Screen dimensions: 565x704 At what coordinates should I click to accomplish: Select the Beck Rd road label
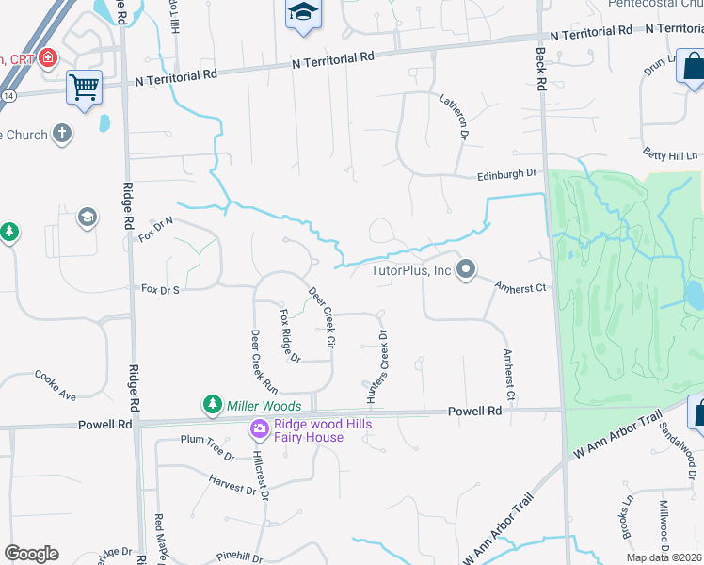(x=541, y=69)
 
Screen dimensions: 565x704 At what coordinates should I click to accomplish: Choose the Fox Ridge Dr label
(x=289, y=335)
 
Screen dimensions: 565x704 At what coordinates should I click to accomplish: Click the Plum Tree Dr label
(x=207, y=446)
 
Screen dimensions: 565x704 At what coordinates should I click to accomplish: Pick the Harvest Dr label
(x=232, y=487)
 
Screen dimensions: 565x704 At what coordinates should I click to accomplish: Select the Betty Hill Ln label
(x=671, y=154)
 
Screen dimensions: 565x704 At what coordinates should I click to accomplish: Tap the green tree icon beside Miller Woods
(x=213, y=405)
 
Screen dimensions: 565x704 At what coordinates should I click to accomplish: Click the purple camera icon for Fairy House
(x=259, y=429)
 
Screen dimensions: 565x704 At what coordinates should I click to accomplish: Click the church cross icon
(x=63, y=134)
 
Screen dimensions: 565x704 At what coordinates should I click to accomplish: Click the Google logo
(x=32, y=554)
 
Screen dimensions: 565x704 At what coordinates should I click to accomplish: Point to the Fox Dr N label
(x=157, y=227)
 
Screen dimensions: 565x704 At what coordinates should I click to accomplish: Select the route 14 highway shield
(x=8, y=96)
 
